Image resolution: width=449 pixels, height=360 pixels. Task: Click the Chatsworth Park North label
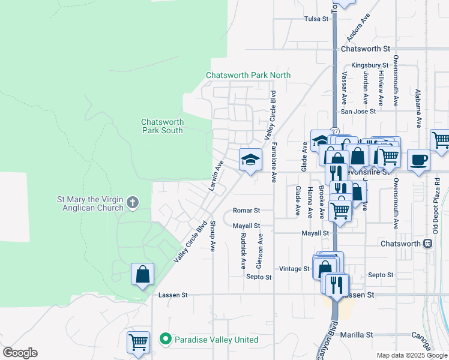click(248, 75)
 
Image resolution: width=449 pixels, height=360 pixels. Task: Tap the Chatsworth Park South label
click(162, 125)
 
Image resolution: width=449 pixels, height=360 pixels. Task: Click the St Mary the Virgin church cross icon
click(133, 203)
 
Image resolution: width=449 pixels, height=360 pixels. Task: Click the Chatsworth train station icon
click(427, 244)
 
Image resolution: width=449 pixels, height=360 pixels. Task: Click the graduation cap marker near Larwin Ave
click(250, 160)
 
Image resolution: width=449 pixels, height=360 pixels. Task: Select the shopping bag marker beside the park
click(142, 274)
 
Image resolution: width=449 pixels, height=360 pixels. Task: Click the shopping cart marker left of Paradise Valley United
click(138, 342)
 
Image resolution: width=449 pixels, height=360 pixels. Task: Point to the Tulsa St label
click(316, 19)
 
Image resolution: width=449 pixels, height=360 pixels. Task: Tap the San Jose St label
click(358, 111)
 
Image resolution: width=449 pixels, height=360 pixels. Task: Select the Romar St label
click(246, 211)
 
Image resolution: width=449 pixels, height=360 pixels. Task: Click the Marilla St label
click(357, 334)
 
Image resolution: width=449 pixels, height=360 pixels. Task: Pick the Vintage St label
click(294, 269)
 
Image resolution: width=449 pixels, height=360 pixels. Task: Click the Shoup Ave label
click(213, 236)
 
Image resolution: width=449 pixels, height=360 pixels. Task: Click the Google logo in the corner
click(20, 353)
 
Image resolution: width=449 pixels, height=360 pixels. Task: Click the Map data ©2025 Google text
click(411, 355)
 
